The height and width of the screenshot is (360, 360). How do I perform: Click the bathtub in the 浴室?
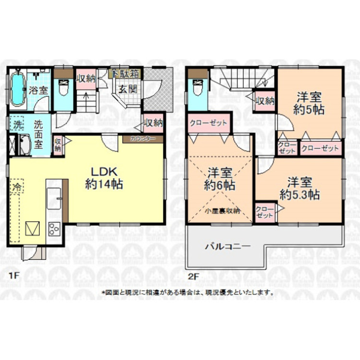pyautogui.click(x=18, y=90)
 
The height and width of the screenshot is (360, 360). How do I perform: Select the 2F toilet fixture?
pyautogui.click(x=196, y=89)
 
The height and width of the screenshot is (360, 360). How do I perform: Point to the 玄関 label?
pyautogui.click(x=127, y=90)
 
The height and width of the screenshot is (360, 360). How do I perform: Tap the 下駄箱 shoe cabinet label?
pyautogui.click(x=126, y=74)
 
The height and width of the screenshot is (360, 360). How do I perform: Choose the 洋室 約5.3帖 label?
pyautogui.click(x=299, y=188)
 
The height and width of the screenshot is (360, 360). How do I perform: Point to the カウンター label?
pyautogui.click(x=143, y=139)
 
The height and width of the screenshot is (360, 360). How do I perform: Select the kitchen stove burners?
pyautogui.click(x=54, y=229)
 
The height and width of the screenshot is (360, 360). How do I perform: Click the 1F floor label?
pyautogui.click(x=14, y=277)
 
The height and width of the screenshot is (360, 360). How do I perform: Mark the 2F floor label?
pyautogui.click(x=192, y=277)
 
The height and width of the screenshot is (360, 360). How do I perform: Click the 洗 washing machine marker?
pyautogui.click(x=17, y=124)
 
